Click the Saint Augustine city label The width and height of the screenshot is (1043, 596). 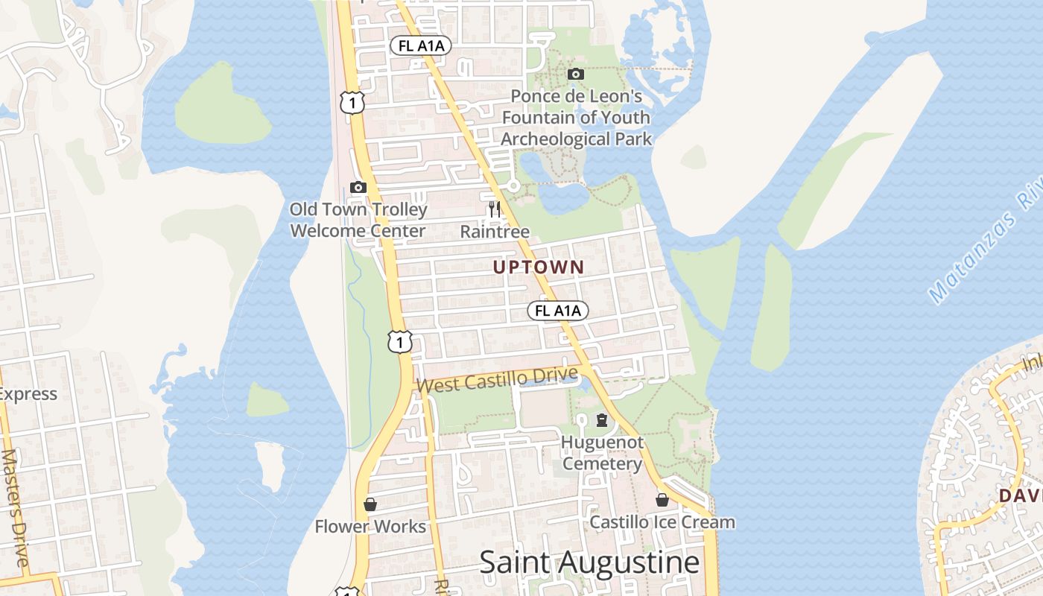pyautogui.click(x=589, y=562)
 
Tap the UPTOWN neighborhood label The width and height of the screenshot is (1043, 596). pyautogui.click(x=539, y=267)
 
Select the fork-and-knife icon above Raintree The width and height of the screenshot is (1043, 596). pyautogui.click(x=495, y=209)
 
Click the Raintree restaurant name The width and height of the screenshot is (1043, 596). pyautogui.click(x=495, y=232)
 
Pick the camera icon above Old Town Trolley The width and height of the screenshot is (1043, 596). pyautogui.click(x=358, y=187)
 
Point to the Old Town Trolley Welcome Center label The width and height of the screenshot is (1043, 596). pyautogui.click(x=358, y=220)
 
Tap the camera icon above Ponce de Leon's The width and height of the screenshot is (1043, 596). pyautogui.click(x=576, y=74)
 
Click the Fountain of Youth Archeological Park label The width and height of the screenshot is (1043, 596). pyautogui.click(x=576, y=118)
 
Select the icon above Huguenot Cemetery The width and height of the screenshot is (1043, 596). pyautogui.click(x=602, y=420)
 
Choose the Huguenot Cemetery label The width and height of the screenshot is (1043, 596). pyautogui.click(x=602, y=453)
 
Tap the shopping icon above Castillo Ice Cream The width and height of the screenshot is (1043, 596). pyautogui.click(x=662, y=500)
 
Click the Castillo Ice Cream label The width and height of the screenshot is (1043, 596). pyautogui.click(x=662, y=522)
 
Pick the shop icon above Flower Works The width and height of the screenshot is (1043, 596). pyautogui.click(x=370, y=504)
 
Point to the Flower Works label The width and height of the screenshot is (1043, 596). pyautogui.click(x=370, y=527)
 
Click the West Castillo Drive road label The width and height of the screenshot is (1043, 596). pyautogui.click(x=498, y=379)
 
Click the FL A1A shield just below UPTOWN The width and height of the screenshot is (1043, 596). pyautogui.click(x=558, y=311)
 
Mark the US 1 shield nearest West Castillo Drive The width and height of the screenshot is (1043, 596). pyautogui.click(x=400, y=341)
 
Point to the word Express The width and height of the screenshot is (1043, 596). pyautogui.click(x=28, y=394)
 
